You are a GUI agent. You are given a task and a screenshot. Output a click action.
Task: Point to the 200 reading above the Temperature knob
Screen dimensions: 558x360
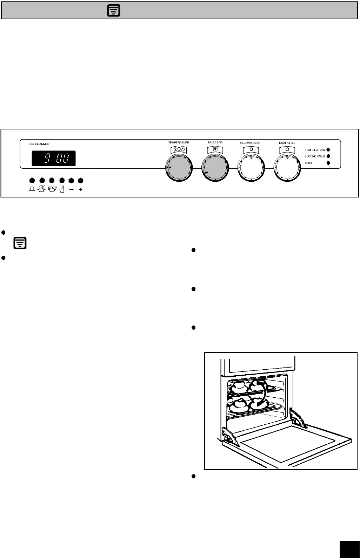click(179, 150)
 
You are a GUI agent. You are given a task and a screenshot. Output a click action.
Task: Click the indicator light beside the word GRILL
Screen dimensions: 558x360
click(328, 163)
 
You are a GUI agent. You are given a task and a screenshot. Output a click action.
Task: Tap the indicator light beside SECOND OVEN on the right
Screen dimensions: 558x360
click(328, 156)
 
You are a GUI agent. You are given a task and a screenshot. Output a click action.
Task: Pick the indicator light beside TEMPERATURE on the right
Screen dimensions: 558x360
click(328, 150)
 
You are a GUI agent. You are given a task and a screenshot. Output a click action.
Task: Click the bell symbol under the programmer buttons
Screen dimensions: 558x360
click(32, 189)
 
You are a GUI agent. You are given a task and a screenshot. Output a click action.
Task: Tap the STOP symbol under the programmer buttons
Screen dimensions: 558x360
click(52, 189)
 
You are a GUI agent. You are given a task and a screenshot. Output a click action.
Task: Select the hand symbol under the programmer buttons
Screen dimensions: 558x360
click(62, 189)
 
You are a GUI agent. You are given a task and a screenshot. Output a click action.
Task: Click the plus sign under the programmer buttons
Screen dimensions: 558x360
click(81, 189)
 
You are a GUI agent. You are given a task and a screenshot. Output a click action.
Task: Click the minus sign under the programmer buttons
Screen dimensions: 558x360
click(71, 189)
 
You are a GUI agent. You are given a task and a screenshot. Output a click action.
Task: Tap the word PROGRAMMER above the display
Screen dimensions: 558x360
click(39, 144)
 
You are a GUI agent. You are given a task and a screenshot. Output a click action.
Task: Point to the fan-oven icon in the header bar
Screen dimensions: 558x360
click(114, 11)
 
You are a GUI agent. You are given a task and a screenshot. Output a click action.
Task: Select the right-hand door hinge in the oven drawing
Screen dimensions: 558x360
click(298, 418)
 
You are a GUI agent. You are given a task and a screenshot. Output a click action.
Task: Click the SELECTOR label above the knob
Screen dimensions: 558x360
click(215, 143)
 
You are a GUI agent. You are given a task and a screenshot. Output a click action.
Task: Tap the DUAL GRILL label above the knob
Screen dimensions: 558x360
click(287, 143)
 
